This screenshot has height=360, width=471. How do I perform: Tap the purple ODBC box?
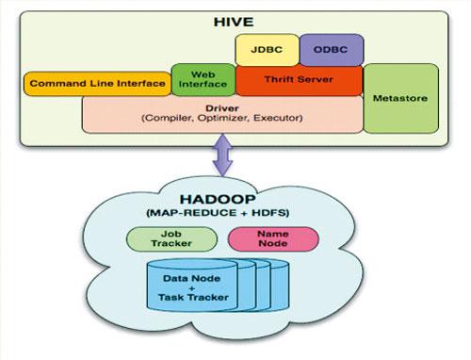(x=331, y=48)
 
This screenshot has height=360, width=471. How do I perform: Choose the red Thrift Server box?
(x=298, y=81)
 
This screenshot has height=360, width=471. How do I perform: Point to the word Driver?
(x=222, y=107)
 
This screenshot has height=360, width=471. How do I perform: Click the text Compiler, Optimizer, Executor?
(x=221, y=119)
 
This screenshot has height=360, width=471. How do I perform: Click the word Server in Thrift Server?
(x=316, y=81)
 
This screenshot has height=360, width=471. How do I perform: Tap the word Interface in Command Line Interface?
(x=133, y=83)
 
